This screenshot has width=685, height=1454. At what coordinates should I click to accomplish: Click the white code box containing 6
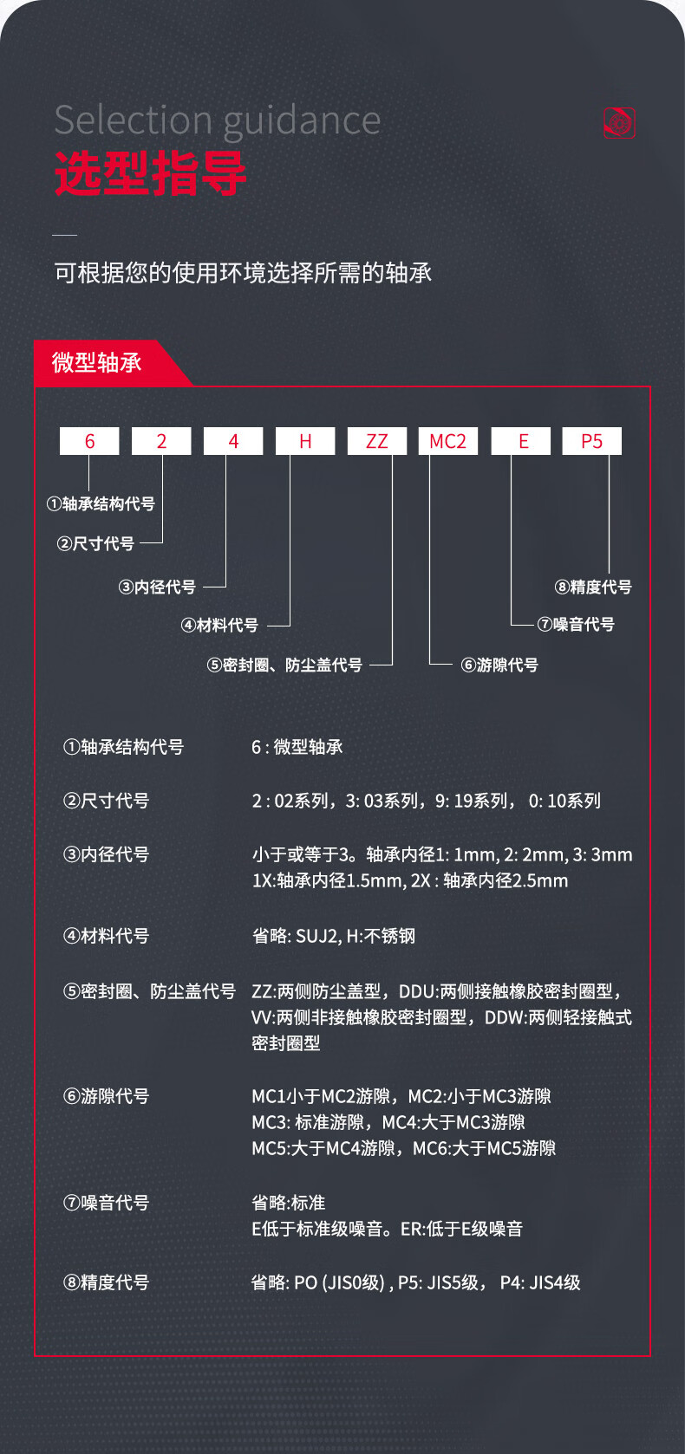coord(89,441)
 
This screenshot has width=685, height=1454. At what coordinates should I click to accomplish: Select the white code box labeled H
coord(305,441)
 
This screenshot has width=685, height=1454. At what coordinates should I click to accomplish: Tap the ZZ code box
coord(377,441)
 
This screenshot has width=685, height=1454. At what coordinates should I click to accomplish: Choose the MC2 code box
coord(448,441)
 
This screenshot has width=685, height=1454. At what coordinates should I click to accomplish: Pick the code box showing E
coord(521,441)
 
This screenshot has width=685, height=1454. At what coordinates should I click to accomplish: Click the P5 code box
coord(592,441)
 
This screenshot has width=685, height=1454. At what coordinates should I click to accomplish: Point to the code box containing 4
coord(233,441)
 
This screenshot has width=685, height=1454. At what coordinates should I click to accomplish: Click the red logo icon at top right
coord(619,122)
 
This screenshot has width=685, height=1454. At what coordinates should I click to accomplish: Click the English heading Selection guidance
coord(218,120)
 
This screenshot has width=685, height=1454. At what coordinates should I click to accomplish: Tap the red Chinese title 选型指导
coord(151,173)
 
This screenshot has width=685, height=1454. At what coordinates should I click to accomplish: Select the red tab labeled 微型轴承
coord(97,362)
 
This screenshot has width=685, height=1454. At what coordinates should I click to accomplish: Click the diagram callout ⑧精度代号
coord(593,587)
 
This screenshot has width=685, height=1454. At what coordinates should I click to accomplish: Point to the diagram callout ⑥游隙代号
coord(499,665)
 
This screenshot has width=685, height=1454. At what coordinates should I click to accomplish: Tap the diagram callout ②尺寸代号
coord(95,544)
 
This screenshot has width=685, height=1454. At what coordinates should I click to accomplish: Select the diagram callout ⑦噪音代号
coord(576,625)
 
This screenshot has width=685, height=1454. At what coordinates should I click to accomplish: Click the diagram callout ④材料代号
coord(219,626)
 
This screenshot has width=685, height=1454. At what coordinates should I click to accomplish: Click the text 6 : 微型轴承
coord(297,747)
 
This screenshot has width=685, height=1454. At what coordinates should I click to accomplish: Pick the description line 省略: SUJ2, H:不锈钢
coord(334,936)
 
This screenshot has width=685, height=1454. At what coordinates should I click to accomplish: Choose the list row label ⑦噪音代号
coord(106,1203)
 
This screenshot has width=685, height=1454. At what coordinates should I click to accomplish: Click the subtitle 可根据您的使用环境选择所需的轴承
coord(243,274)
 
